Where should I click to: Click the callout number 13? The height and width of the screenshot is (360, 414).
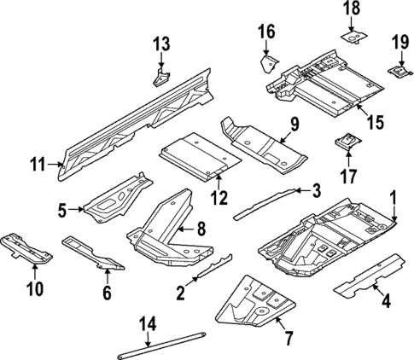162,44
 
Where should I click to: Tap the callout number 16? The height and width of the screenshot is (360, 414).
266,32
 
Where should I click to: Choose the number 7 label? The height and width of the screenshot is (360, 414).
289,339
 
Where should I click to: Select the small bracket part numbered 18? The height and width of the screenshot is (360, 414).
353,37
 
